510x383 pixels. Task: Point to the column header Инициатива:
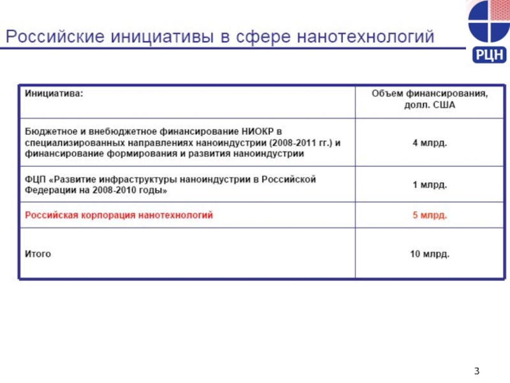[x=54, y=93]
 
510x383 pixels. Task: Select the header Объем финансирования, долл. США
[x=430, y=99]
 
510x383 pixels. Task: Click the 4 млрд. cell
[x=430, y=142]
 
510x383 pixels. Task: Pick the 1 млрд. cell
[x=430, y=185]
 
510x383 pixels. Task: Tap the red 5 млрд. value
[x=430, y=216]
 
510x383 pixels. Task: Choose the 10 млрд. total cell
[x=430, y=254]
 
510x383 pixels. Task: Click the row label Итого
[x=38, y=254]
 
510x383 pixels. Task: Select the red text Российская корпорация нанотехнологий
[x=119, y=216]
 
